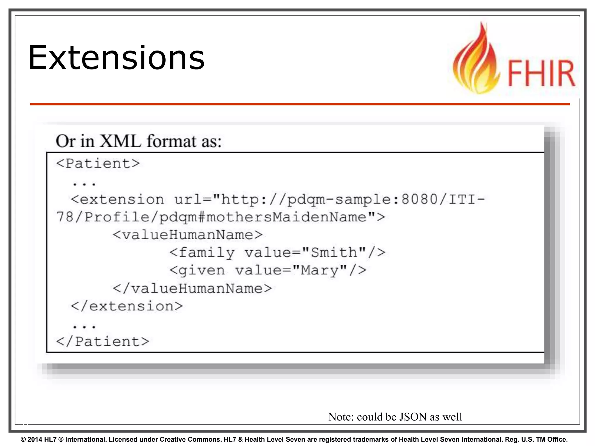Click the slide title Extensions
[x=116, y=58]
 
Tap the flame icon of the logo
[x=476, y=61]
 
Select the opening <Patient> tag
[x=98, y=163]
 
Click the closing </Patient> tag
[x=102, y=341]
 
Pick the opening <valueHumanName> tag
[x=188, y=235]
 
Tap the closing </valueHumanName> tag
[x=192, y=288]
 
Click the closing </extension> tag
[x=127, y=306]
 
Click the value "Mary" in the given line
[x=319, y=271]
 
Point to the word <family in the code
[x=202, y=253]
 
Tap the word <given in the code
[x=197, y=271]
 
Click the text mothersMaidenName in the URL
[x=286, y=217]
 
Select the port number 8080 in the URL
[x=419, y=199]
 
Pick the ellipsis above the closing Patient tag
[x=84, y=327]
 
